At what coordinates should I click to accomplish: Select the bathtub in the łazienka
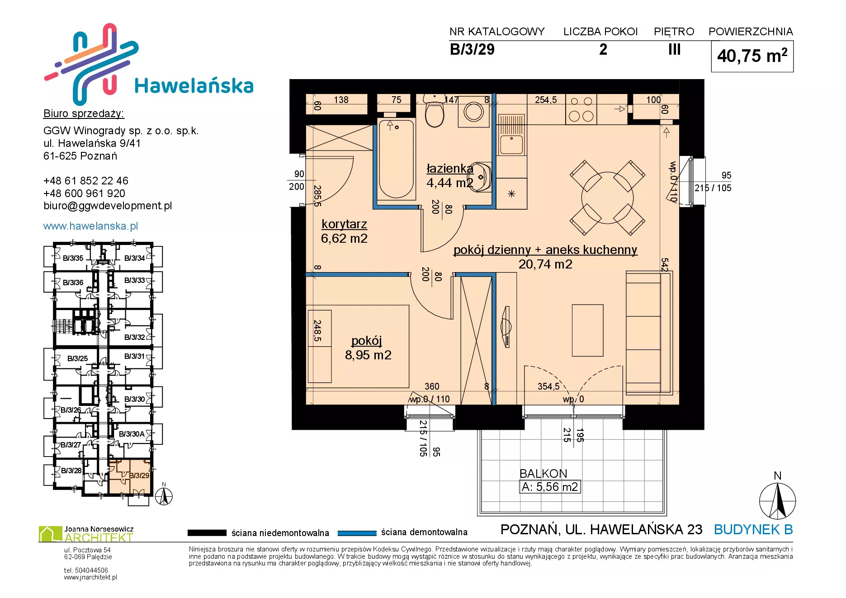[396, 159]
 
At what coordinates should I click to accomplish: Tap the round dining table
[607, 198]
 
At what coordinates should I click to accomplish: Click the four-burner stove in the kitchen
[581, 109]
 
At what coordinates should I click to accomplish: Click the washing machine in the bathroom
[473, 111]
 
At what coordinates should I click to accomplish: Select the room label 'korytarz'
[344, 224]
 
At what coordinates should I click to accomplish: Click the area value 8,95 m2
[368, 355]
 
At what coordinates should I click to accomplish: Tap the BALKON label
[543, 474]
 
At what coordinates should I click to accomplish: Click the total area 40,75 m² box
[752, 57]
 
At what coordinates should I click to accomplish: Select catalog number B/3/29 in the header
[472, 49]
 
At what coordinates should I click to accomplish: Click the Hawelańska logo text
[194, 85]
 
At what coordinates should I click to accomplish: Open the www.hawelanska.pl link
[90, 226]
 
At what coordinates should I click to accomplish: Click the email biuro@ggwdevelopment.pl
[108, 206]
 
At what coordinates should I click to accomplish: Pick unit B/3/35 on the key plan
[73, 258]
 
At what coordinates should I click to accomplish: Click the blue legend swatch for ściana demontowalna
[357, 533]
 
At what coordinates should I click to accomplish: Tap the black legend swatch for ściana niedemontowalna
[207, 533]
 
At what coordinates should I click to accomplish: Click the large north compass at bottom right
[777, 501]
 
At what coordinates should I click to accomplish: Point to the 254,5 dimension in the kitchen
[546, 100]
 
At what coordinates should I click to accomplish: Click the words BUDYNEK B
[753, 529]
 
